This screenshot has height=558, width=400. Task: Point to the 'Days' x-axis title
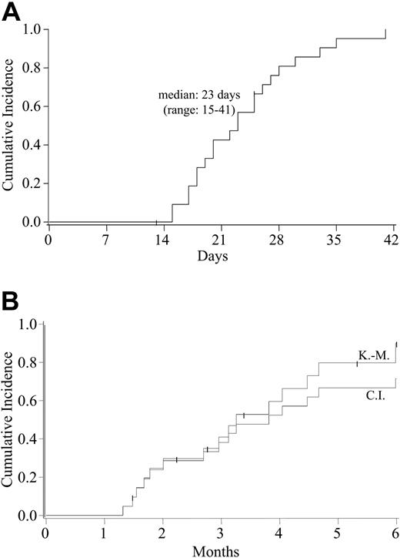(221, 254)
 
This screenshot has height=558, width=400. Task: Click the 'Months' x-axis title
(221, 550)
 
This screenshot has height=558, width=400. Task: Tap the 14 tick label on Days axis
(163, 238)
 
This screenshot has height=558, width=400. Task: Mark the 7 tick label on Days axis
(105, 238)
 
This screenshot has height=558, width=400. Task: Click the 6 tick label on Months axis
(396, 533)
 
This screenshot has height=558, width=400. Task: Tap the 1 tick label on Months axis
(104, 533)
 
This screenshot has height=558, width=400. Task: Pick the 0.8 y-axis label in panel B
(28, 362)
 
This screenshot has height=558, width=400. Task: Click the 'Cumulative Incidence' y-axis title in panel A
(9, 126)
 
